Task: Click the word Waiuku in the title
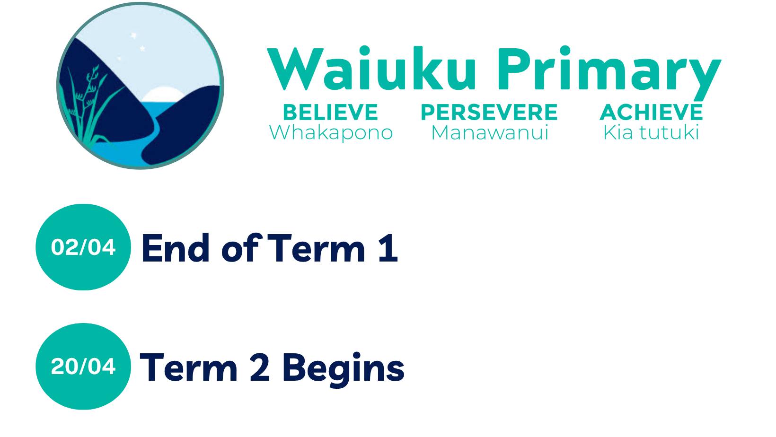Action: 371,69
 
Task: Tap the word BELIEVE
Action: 330,113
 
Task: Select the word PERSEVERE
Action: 489,113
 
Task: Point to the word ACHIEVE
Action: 651,113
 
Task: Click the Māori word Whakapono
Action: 331,132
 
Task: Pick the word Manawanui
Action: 489,132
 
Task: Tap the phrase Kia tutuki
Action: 651,132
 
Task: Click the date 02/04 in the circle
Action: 83,247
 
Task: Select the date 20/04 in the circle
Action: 83,367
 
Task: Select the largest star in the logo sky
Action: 133,36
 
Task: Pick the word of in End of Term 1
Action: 239,249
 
